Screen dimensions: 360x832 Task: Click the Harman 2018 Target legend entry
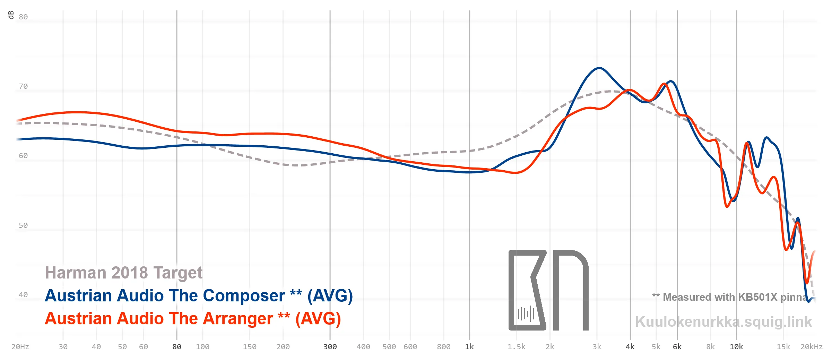point(123,273)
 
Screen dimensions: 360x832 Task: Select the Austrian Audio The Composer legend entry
point(199,296)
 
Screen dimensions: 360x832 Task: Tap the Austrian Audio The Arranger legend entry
point(193,319)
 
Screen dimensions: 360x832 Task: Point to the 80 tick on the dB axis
point(23,17)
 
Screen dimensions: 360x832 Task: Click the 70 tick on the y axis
point(23,86)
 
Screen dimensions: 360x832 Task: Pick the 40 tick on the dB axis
point(23,295)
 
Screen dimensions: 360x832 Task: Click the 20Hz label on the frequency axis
point(20,347)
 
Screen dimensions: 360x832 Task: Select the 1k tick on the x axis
point(469,347)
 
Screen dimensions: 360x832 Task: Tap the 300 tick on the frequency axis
point(330,347)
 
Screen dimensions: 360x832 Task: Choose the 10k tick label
point(736,347)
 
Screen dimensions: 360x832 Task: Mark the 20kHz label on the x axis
point(811,347)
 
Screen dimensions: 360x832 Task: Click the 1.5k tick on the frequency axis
point(517,347)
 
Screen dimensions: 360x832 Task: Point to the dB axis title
point(11,15)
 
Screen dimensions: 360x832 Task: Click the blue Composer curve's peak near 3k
point(599,68)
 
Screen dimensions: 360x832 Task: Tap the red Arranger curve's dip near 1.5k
point(515,173)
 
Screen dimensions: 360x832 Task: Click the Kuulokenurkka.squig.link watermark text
point(723,322)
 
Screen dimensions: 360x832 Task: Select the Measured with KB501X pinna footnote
point(730,297)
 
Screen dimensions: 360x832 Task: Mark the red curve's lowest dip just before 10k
point(727,207)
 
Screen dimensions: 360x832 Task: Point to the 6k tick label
point(677,347)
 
